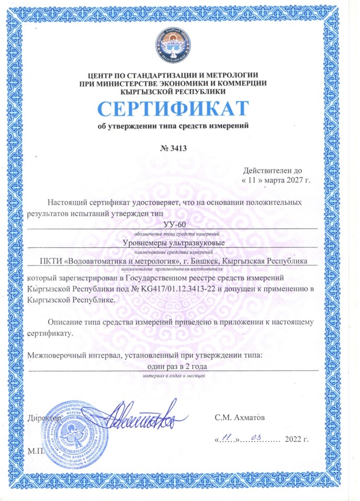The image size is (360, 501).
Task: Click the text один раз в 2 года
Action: click(x=172, y=366)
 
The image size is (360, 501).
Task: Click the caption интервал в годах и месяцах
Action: click(x=172, y=375)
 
